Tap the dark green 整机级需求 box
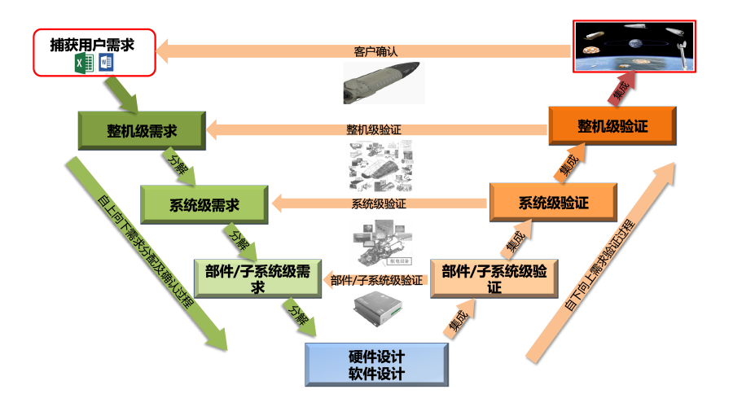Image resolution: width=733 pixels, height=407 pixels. coord(142,131)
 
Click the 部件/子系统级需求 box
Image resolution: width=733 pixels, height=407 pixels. coord(258,278)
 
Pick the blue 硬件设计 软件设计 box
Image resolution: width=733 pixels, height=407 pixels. coord(375,365)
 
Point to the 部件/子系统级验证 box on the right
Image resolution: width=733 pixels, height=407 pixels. coord(494,278)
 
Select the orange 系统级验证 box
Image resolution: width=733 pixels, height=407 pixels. coord(553,203)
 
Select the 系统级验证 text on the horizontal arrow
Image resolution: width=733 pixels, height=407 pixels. coord(379,203)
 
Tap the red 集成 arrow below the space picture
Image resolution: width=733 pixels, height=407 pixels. coord(618,90)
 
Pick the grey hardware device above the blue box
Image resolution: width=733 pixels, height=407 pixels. coord(379,310)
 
